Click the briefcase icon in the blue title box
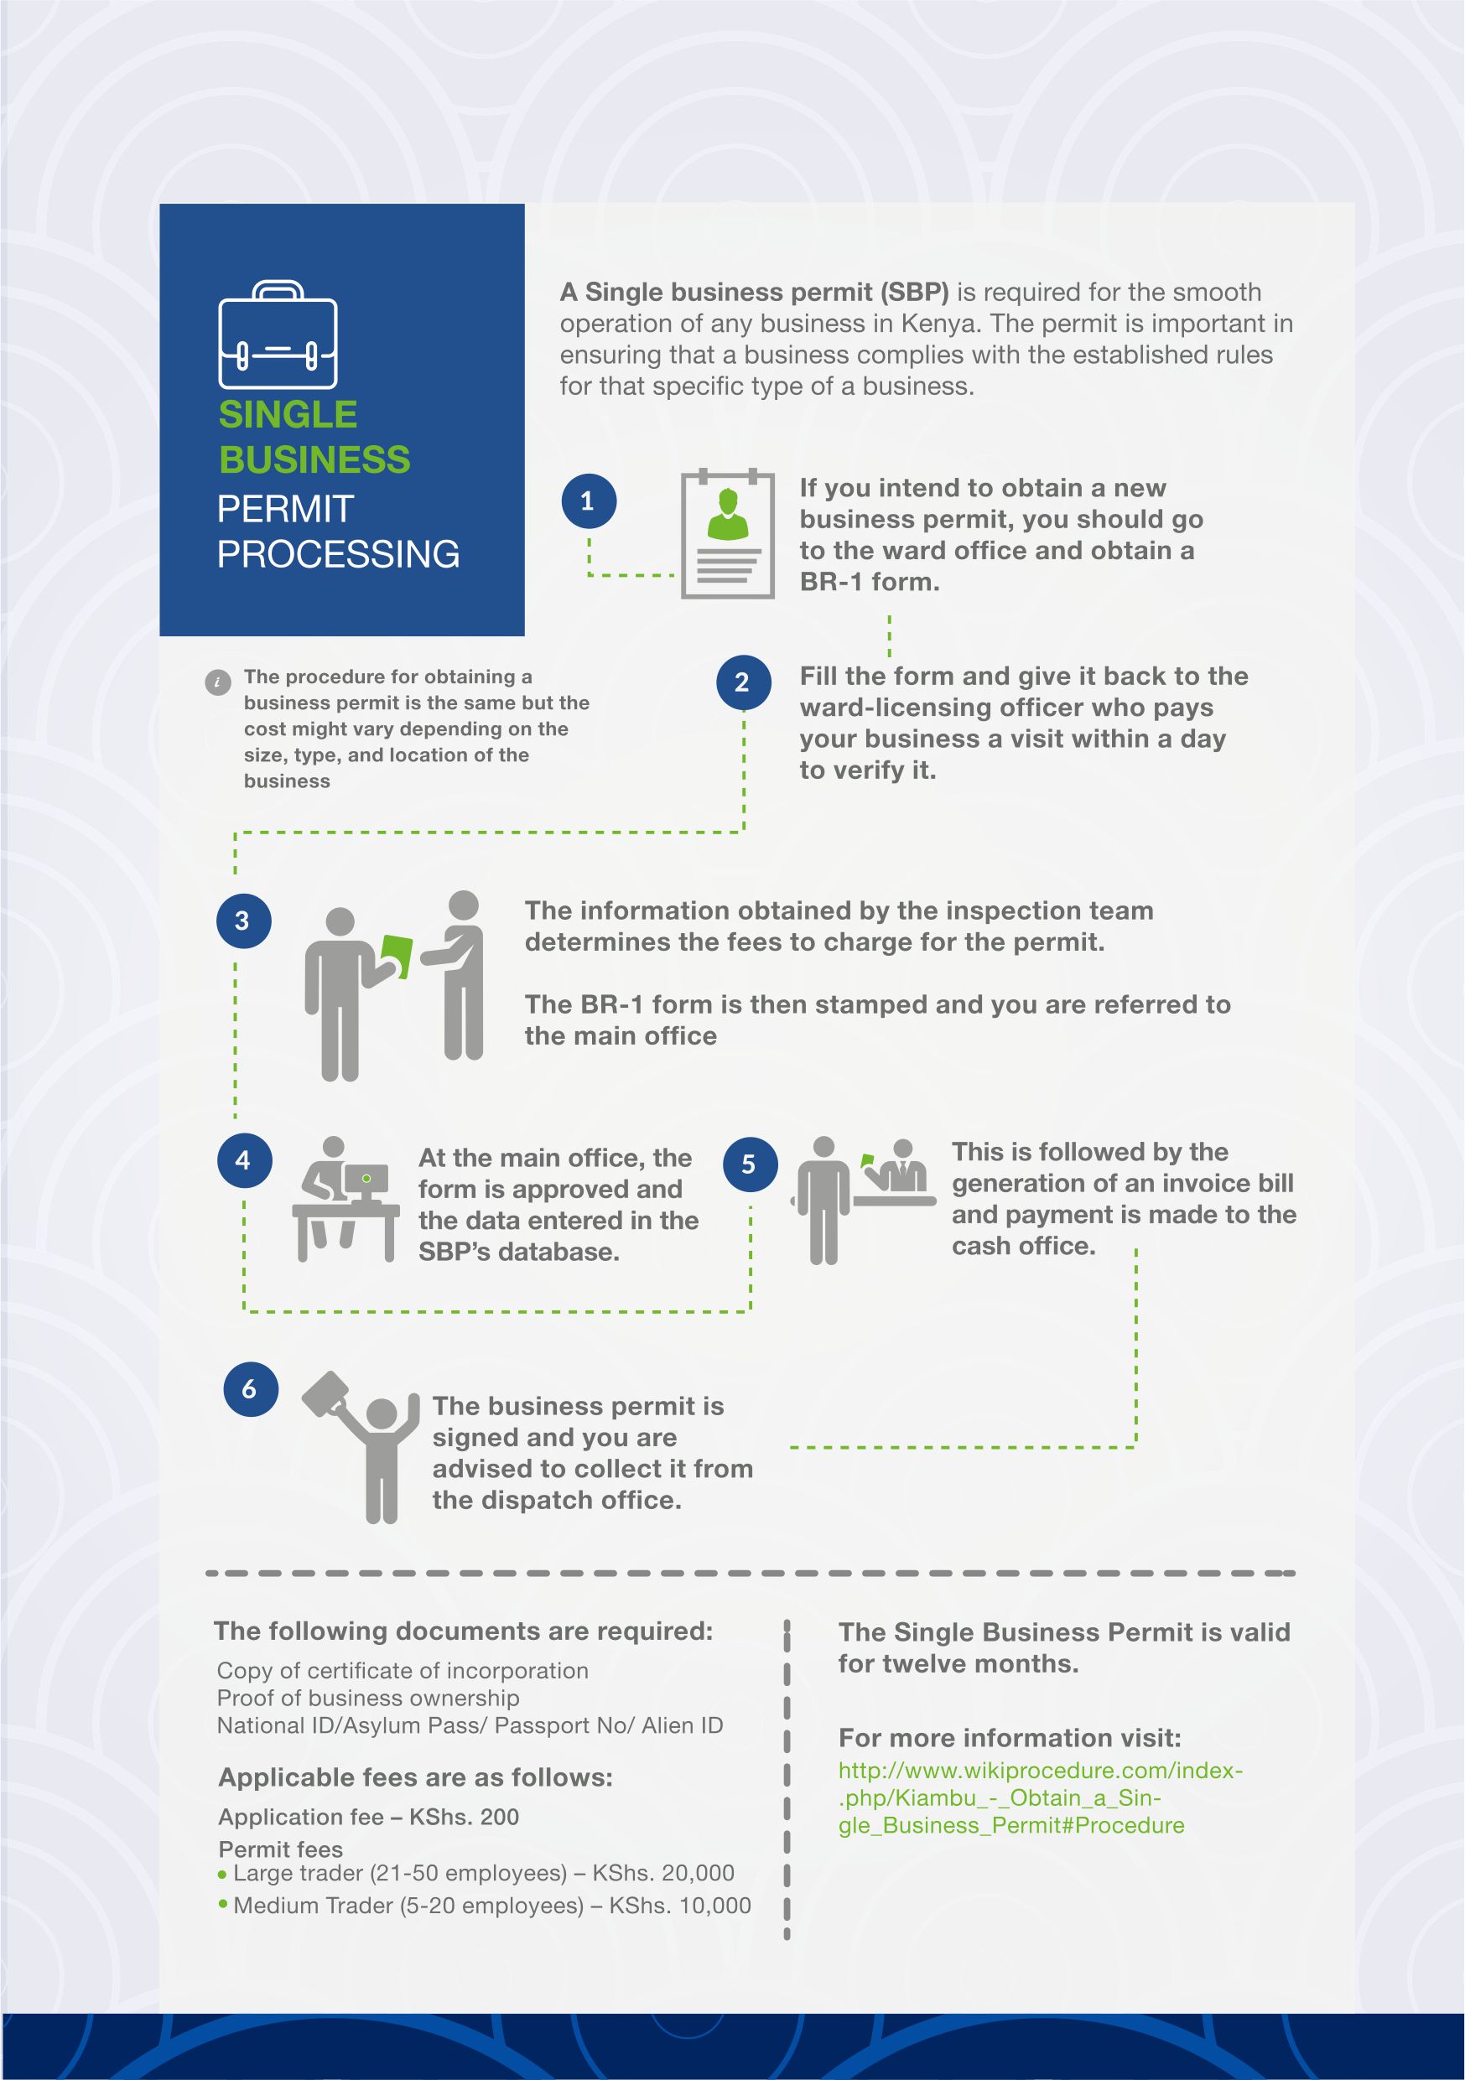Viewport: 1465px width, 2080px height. point(278,335)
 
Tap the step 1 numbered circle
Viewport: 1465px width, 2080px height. point(588,501)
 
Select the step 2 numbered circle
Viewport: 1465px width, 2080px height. point(743,682)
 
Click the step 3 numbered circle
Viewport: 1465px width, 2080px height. point(243,921)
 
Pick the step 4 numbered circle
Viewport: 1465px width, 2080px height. point(244,1160)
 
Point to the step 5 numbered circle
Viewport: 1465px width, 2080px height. point(749,1165)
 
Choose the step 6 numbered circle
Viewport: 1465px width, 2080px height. point(250,1389)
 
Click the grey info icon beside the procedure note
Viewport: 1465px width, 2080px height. point(217,682)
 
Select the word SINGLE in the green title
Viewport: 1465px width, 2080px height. point(288,415)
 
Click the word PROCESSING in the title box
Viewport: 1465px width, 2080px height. point(338,554)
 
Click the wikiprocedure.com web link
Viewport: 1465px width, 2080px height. point(1040,1797)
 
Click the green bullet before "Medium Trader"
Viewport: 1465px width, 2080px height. point(223,1903)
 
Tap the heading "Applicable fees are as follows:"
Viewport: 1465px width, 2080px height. point(416,1777)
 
